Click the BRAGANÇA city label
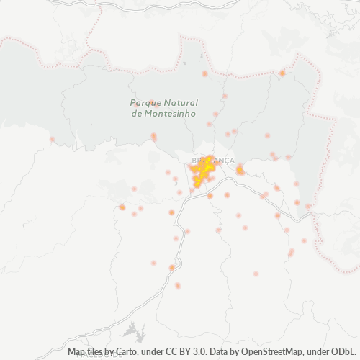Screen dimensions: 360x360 tap(214, 160)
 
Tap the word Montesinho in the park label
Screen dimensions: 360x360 tap(165, 114)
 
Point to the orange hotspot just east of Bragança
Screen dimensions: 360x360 tap(240, 171)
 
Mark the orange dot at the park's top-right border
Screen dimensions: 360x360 tap(282, 73)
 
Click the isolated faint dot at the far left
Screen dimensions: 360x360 tap(52, 139)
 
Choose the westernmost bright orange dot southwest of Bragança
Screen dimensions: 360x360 tap(122, 207)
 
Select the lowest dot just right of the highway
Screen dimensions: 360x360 tap(178, 286)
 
